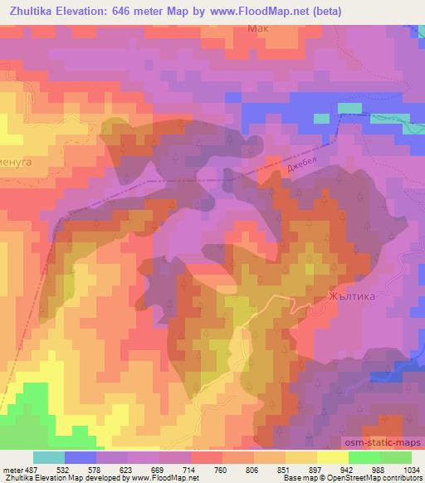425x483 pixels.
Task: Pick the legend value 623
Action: [127, 469]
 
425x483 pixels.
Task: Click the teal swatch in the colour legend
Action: [48, 457]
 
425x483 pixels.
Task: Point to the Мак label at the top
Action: [259, 27]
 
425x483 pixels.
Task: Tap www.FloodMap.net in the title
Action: [257, 11]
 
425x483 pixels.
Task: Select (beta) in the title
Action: [330, 11]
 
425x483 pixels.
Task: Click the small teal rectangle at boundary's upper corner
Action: [349, 108]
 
